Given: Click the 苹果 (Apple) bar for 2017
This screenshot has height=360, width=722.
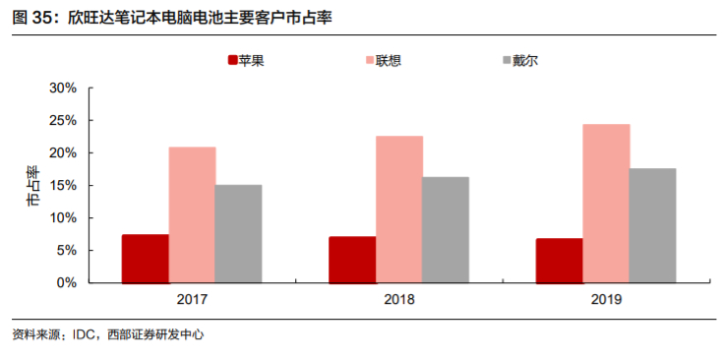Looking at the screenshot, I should (145, 259).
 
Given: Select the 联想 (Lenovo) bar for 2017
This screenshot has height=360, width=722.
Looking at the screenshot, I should (192, 214).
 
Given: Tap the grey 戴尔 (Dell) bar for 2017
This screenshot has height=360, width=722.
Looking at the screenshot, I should (238, 233).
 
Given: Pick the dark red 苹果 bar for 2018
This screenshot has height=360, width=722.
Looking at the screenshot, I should (352, 260).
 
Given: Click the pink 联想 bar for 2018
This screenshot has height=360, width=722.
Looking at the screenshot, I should (399, 209).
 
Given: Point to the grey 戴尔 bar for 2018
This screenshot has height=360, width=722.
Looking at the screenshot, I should (446, 229).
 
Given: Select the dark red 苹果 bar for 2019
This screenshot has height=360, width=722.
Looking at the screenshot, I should (559, 261).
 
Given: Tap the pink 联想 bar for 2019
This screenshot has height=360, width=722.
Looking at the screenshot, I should (606, 203).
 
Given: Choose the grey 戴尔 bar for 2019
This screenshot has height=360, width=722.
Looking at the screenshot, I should (653, 225).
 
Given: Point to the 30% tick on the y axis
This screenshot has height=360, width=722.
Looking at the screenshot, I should (63, 89).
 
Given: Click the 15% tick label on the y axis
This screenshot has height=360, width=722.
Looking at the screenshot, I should (63, 185).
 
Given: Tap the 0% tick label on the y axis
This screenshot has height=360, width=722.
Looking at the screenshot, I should (67, 282).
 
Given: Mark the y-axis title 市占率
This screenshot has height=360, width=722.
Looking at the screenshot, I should (32, 186).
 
